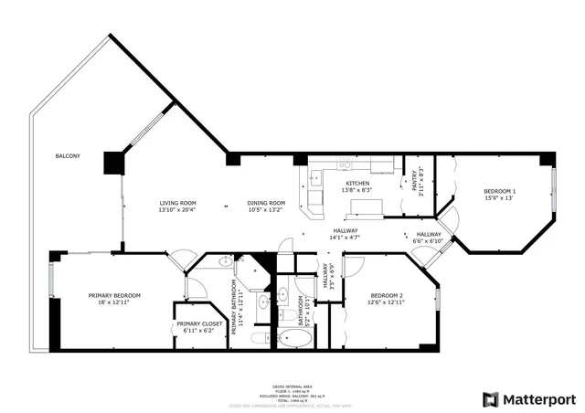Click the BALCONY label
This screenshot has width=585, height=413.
[67, 156]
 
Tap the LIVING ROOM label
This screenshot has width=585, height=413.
[177, 203]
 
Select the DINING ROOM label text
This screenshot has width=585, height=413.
[266, 203]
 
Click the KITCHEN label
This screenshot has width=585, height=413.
[356, 184]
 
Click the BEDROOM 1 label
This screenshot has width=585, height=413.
[499, 191]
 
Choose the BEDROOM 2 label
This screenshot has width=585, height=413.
[387, 295]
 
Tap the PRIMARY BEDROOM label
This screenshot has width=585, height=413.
[114, 295]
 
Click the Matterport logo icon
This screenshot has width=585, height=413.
[492, 399]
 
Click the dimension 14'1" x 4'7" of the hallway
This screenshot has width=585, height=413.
[345, 238]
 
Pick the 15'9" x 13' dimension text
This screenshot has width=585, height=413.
[499, 197]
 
